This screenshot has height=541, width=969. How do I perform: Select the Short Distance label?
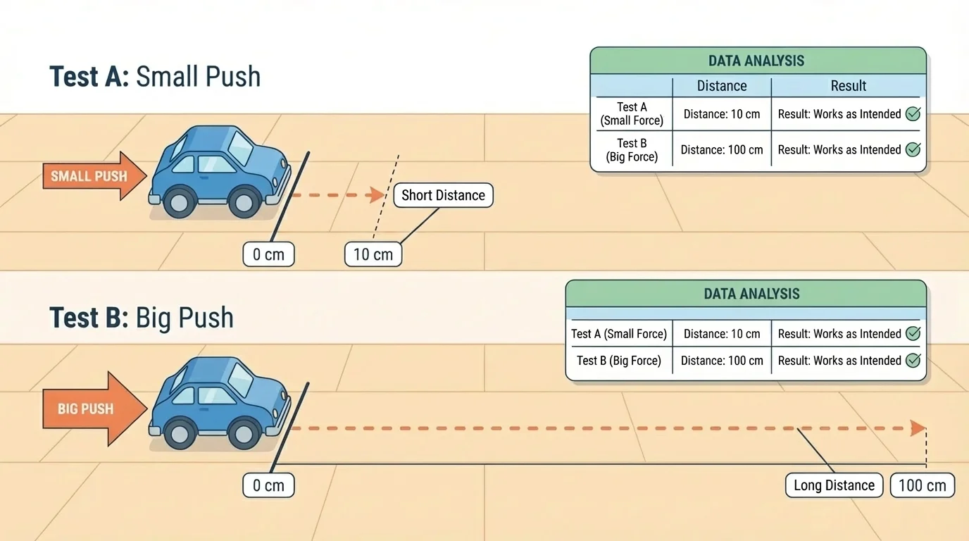pos(443,195)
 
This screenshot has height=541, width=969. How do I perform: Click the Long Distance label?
pos(834,485)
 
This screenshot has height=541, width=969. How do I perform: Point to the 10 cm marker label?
pos(373,254)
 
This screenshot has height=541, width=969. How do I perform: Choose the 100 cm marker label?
pos(923,485)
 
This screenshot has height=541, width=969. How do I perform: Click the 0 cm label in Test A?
pos(268,254)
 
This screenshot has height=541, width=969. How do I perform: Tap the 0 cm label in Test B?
pos(268,485)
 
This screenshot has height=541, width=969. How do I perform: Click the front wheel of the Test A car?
pos(244,203)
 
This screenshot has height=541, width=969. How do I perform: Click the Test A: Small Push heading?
pos(155,76)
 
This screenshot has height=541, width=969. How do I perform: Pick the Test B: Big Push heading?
pos(141,318)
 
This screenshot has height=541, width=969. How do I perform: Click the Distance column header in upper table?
pos(722,86)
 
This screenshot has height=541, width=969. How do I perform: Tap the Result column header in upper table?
pos(848,86)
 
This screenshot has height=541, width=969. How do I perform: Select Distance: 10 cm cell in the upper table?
pos(722,114)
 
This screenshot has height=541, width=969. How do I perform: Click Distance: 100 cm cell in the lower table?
pos(722,361)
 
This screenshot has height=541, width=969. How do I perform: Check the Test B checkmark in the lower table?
pos(913,361)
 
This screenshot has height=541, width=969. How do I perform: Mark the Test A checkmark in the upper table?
pos(913,114)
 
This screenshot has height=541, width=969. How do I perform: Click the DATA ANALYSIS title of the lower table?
pos(751,294)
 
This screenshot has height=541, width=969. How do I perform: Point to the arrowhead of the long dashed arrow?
pos(918,428)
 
